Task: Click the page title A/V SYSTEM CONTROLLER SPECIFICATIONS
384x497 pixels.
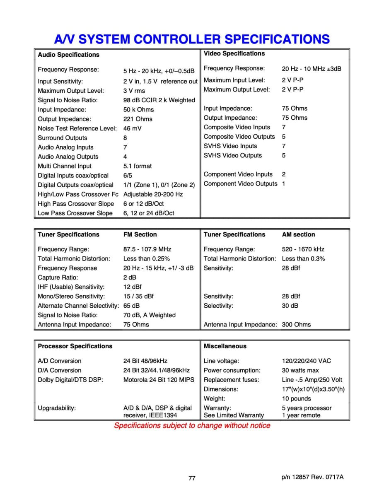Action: pos(192,39)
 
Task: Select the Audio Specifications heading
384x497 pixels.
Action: pos(68,55)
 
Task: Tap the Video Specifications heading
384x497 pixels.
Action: pos(234,53)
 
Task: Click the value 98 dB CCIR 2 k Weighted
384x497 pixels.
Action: pos(159,100)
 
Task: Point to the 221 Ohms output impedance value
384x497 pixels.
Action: pos(138,119)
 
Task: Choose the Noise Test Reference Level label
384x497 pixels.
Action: pos(77,128)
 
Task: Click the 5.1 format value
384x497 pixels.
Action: pos(138,166)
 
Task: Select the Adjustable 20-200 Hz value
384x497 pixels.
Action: pos(153,194)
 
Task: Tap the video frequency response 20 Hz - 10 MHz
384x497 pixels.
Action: pos(312,69)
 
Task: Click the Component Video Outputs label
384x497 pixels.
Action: pos(240,183)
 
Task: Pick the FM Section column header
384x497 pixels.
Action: pos(140,234)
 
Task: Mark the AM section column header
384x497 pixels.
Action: pos(298,234)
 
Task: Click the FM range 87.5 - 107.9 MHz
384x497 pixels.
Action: pos(147,249)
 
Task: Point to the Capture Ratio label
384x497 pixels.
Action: pos(58,277)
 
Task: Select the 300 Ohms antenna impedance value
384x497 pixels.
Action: pos(296,325)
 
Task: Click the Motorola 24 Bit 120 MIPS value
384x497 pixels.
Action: pos(159,380)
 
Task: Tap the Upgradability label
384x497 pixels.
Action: pos(57,408)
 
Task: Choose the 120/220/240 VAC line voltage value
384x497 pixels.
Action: pos(307,361)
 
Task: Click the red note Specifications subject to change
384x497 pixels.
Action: pos(192,426)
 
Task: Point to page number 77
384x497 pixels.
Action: pos(192,478)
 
